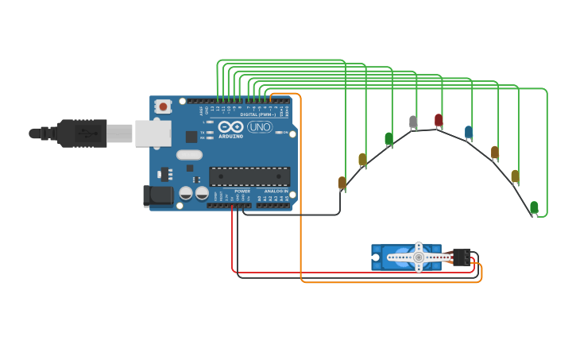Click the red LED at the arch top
point(439,120)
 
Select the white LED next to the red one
point(413,122)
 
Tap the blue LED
point(469,131)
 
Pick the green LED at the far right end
point(534,207)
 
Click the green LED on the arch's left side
point(389,139)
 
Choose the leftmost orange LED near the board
point(342,183)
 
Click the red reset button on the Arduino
point(163,106)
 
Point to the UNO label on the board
point(260,127)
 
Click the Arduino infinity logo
point(230,127)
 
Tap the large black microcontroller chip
point(249,176)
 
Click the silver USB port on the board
point(153,134)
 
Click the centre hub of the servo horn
point(419,257)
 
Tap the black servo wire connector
point(461,257)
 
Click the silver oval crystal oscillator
point(189,155)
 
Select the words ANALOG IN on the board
point(276,191)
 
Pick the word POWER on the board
point(242,191)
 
